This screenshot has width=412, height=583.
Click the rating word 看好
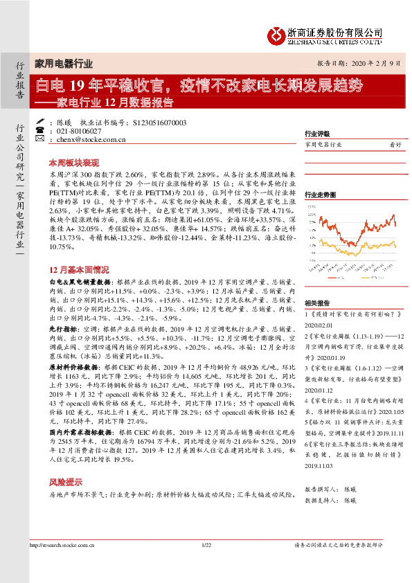(395, 145)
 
